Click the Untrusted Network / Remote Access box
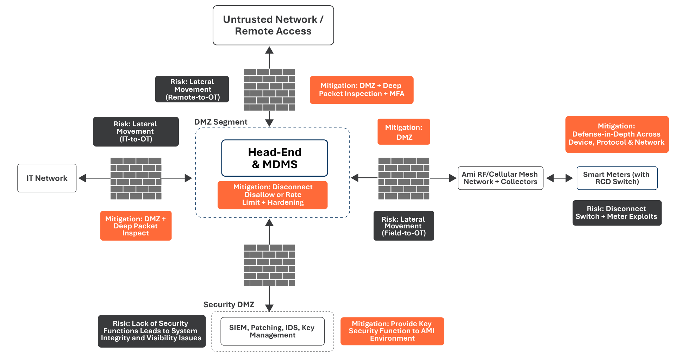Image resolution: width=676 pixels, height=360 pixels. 273,25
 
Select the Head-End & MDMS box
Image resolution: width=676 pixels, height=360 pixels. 275,158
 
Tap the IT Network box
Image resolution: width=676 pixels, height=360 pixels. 47,178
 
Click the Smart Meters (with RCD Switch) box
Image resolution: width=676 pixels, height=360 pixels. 617,178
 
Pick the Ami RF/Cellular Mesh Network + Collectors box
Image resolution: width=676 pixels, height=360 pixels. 500,178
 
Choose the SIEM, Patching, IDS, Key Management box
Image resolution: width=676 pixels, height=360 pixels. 273,331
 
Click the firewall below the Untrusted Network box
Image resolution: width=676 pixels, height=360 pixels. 269,90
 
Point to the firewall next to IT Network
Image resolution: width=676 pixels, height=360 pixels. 136,178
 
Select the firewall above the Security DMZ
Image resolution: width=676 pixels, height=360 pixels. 269,265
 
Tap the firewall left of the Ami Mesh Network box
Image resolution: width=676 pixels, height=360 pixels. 404,178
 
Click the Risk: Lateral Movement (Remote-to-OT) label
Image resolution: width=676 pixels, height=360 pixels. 192,89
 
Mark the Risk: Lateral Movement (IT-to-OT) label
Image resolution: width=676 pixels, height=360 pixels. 136,132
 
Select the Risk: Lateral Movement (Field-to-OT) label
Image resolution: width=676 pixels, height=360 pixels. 403,226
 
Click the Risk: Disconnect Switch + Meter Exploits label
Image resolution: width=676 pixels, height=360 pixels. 617,213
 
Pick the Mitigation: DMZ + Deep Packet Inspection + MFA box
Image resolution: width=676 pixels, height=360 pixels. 362,90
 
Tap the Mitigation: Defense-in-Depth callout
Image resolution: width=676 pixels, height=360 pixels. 617,134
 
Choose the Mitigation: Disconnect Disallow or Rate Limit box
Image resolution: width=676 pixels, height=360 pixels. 273,195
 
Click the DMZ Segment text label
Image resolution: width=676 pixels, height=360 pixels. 221,122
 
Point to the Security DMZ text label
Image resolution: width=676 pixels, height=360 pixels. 229,304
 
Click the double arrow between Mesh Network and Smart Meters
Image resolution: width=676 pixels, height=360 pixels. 560,178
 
